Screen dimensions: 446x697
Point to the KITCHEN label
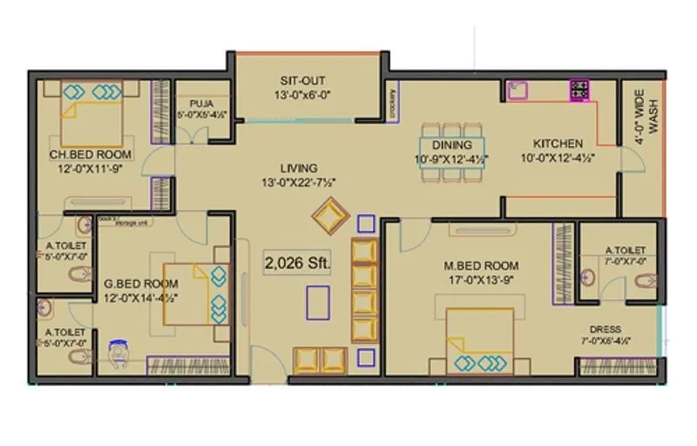558,144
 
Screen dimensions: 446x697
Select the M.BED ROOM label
484,266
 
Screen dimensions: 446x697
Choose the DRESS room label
605,329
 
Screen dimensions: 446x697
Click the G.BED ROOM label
140,284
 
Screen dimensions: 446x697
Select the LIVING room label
299,168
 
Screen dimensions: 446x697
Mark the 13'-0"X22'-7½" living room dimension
299,182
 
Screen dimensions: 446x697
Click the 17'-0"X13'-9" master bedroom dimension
484,280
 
